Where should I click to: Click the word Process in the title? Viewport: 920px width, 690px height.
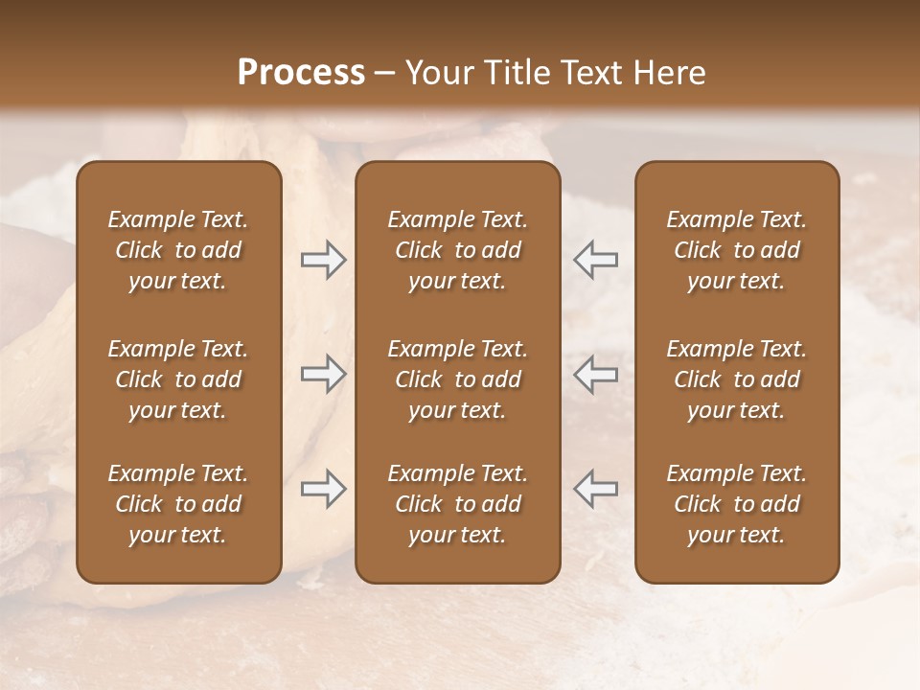[301, 73]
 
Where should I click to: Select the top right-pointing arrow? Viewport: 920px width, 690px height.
[324, 260]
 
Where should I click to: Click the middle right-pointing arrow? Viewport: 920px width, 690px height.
[324, 374]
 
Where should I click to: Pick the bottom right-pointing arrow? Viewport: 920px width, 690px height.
[324, 489]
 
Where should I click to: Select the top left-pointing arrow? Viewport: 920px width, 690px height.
[595, 260]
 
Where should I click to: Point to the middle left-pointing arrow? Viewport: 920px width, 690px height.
[595, 374]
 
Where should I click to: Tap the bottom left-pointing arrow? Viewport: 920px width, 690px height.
[595, 489]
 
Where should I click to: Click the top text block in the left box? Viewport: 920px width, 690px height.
[178, 250]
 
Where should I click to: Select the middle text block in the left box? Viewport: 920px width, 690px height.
[178, 379]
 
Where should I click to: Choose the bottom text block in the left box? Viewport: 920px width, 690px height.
[178, 504]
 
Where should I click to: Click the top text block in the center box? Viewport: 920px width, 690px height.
[457, 250]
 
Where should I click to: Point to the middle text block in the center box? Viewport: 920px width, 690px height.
[457, 379]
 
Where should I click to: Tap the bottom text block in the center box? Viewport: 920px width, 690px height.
[457, 504]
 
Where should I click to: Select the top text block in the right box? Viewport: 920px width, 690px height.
[737, 250]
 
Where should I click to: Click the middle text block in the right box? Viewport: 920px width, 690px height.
[737, 379]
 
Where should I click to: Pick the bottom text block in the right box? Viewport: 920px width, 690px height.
[737, 504]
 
